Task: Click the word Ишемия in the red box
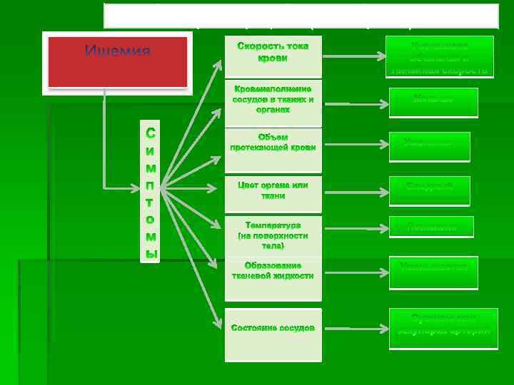[x=118, y=51]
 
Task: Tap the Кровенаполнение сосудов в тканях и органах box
[x=273, y=100]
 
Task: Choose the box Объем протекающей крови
[x=273, y=142]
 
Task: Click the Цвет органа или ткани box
[x=273, y=190]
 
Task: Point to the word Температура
[x=273, y=225]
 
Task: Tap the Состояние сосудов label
[x=273, y=328]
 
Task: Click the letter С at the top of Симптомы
[x=150, y=133]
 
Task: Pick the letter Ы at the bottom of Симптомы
[x=150, y=252]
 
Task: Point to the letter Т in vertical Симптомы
[x=150, y=202]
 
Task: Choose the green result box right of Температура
[x=431, y=227]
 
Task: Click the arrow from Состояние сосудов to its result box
[x=354, y=328]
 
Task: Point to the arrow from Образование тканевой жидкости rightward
[x=354, y=270]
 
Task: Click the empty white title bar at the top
[x=301, y=15]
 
